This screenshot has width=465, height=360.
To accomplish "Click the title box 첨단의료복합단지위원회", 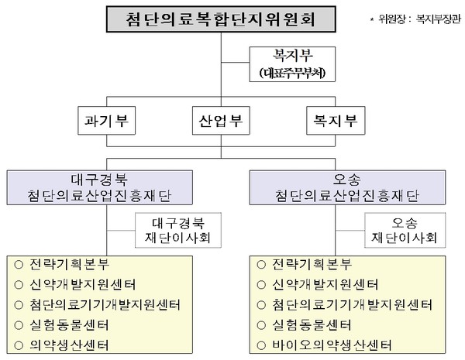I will tap(221, 19).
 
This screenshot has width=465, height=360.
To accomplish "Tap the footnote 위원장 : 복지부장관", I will tap(413, 16).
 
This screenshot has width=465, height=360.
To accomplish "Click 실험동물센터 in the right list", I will tap(312, 324).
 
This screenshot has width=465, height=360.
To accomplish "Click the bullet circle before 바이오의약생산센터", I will tap(258, 344).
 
